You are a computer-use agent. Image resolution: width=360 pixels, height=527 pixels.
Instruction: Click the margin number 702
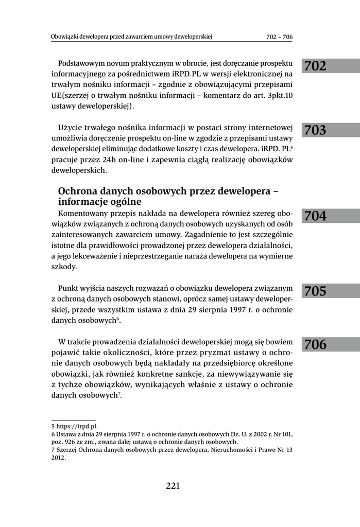coord(315,66)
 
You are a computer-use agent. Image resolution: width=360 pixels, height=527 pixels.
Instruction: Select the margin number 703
coord(315,131)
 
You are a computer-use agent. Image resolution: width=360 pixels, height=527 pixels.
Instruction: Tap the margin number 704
coord(315,216)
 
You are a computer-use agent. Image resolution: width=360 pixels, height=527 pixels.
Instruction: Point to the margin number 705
coord(315,292)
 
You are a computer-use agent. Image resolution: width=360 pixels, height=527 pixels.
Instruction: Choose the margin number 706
coord(315,345)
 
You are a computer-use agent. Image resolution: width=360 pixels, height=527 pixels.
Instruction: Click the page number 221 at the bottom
coord(173,486)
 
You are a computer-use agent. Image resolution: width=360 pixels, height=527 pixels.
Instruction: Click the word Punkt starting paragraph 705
coord(68,288)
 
